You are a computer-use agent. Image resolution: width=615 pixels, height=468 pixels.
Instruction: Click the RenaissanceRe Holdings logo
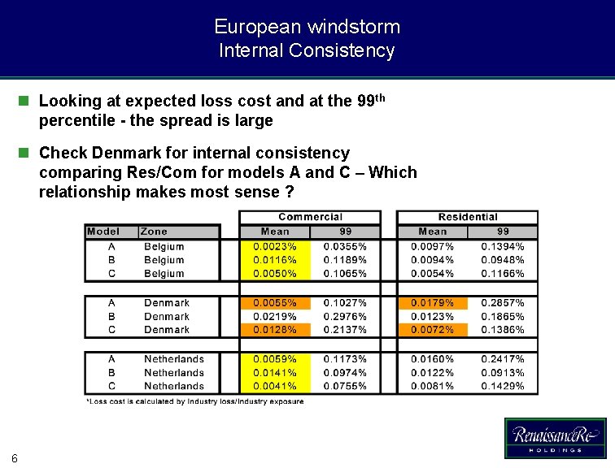(x=555, y=438)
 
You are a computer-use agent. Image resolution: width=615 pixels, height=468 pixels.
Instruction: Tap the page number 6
(x=15, y=457)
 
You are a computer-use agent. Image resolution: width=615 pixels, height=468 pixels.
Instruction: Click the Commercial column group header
(x=310, y=217)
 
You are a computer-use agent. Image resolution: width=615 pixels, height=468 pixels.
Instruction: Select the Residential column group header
(x=467, y=217)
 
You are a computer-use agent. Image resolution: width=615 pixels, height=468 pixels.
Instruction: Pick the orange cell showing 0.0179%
(x=433, y=302)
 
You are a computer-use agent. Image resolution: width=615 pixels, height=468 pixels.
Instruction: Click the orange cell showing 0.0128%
(x=275, y=329)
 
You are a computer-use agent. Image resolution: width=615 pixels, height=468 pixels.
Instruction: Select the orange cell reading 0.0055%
(x=275, y=302)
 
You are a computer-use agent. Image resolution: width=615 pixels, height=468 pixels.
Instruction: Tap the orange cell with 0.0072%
(x=433, y=329)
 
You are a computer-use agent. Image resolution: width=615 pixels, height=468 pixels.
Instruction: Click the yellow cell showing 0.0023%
(x=275, y=246)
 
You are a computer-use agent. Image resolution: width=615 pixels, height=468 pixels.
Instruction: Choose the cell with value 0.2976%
(x=345, y=316)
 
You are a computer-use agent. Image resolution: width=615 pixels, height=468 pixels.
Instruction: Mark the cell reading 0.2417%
(x=503, y=359)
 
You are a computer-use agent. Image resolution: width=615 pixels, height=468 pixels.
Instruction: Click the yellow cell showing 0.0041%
(x=275, y=386)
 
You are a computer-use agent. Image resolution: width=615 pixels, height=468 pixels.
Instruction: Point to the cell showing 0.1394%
(x=503, y=246)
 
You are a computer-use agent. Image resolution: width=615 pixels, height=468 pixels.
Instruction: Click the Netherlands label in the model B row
(x=173, y=373)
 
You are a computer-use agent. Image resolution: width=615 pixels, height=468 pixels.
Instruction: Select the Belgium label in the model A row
(x=164, y=246)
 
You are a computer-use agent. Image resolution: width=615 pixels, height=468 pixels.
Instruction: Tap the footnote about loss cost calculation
(x=194, y=401)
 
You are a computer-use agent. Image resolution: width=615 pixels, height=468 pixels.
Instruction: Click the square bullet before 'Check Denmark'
(x=24, y=153)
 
